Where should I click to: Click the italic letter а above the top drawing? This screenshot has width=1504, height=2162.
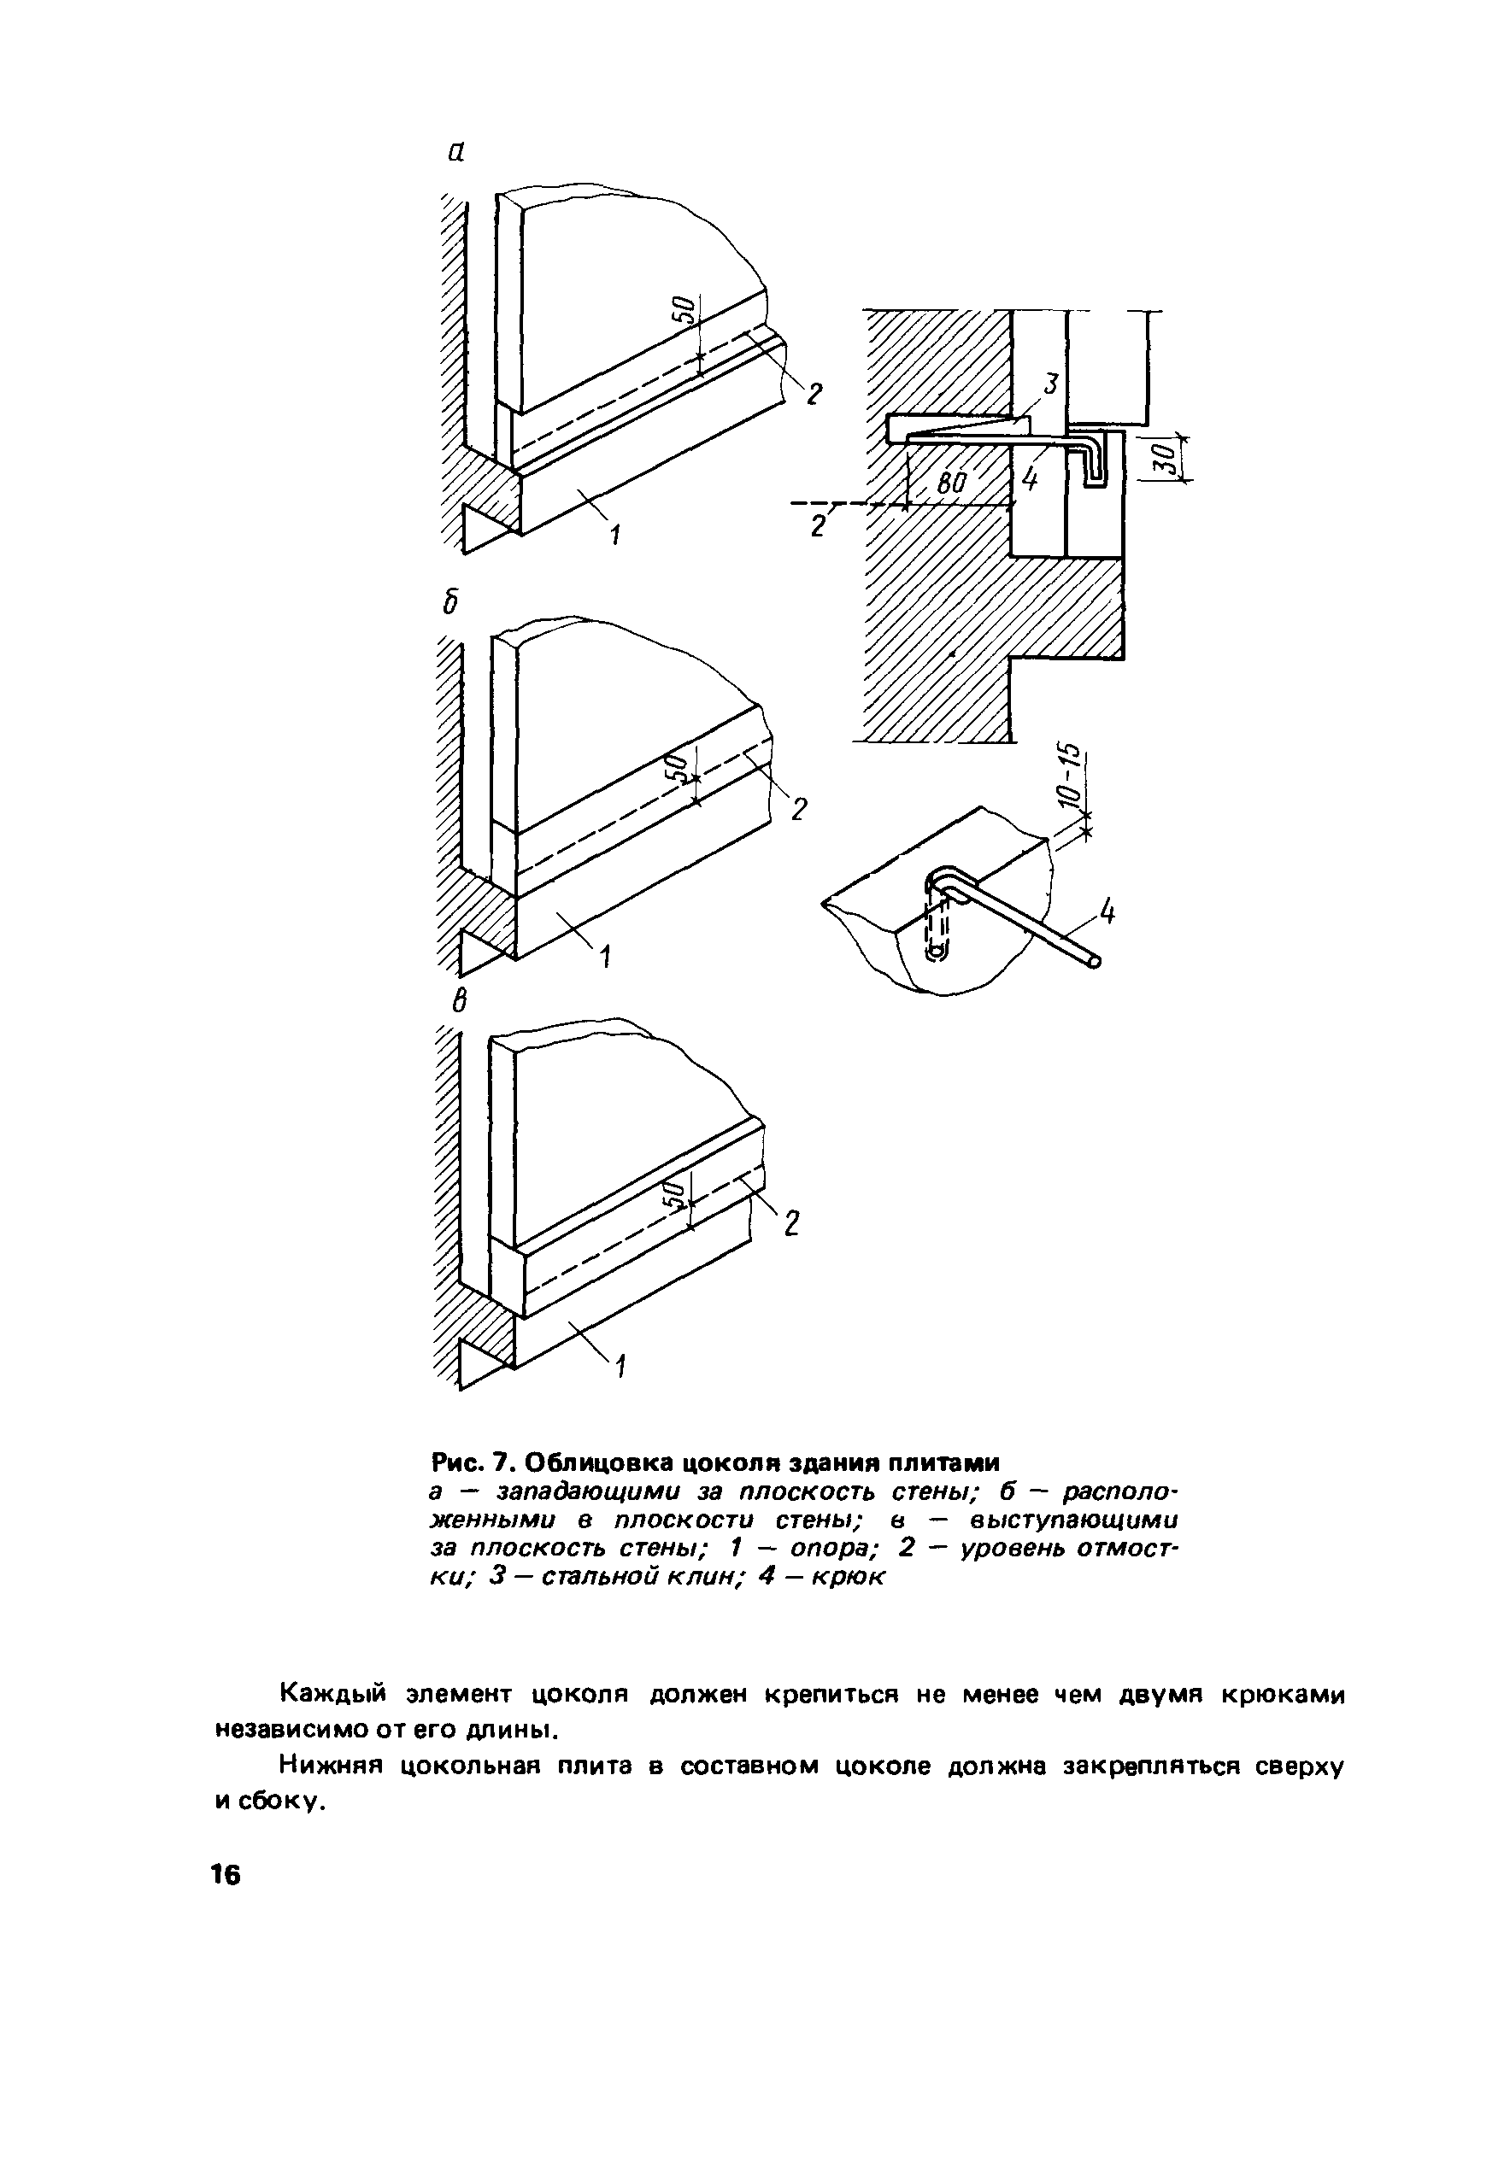point(455,153)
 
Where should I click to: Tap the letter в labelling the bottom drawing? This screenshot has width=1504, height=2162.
point(459,1001)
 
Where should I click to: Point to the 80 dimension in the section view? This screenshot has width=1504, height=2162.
point(953,484)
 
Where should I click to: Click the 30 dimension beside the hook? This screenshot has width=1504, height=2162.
point(1164,459)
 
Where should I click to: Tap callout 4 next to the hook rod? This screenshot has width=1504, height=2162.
point(1107,911)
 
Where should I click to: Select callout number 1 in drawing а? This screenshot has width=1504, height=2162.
point(615,536)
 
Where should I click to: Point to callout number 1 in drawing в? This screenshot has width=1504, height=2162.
point(620,1364)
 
